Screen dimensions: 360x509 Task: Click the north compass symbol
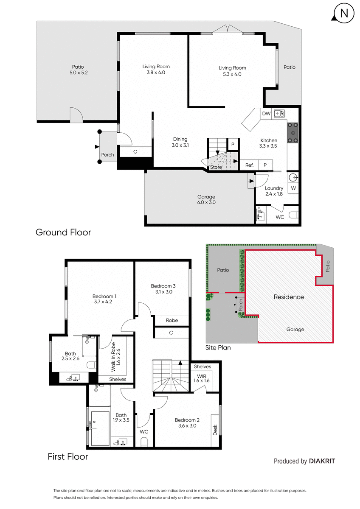[x=343, y=14]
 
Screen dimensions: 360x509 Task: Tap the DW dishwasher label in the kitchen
[x=266, y=114]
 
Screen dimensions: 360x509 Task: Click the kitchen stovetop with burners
[x=292, y=133]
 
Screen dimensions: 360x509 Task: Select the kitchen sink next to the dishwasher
[x=279, y=113]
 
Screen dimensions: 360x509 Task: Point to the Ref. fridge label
[x=249, y=165]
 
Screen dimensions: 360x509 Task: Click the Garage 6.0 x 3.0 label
[x=206, y=199]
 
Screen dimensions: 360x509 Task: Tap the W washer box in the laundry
[x=293, y=188]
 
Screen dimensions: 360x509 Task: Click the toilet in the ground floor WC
[x=294, y=215]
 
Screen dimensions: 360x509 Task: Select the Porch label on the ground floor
[x=107, y=155]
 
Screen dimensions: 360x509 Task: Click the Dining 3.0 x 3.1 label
[x=180, y=142]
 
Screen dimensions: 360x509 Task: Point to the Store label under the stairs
[x=216, y=167]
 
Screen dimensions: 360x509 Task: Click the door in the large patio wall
[x=76, y=115]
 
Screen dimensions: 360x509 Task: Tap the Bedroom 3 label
[x=163, y=286]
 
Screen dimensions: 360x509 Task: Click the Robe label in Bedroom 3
[x=172, y=320]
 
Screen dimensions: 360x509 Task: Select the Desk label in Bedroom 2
[x=215, y=430]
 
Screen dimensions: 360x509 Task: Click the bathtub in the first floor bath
[x=100, y=428]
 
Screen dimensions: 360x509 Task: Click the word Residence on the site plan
[x=289, y=297]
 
